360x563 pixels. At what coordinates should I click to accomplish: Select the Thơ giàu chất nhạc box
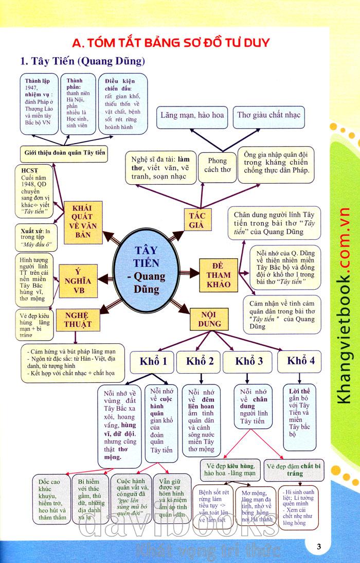[268, 115]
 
